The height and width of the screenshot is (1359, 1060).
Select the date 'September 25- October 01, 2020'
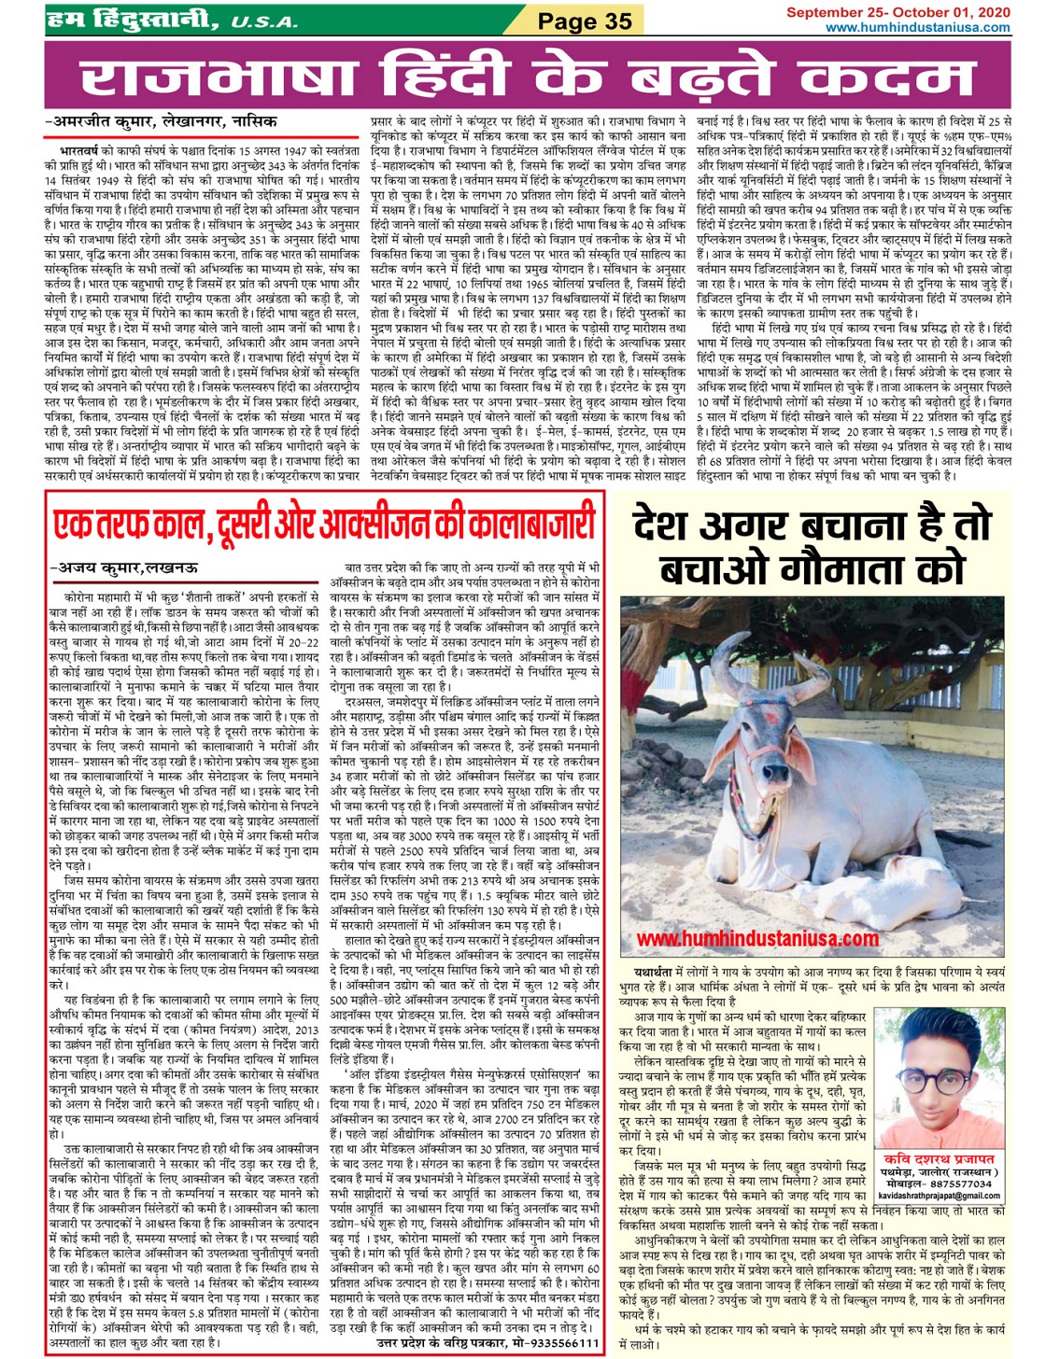tap(897, 12)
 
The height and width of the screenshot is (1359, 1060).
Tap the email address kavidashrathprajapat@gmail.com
tap(940, 1196)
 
